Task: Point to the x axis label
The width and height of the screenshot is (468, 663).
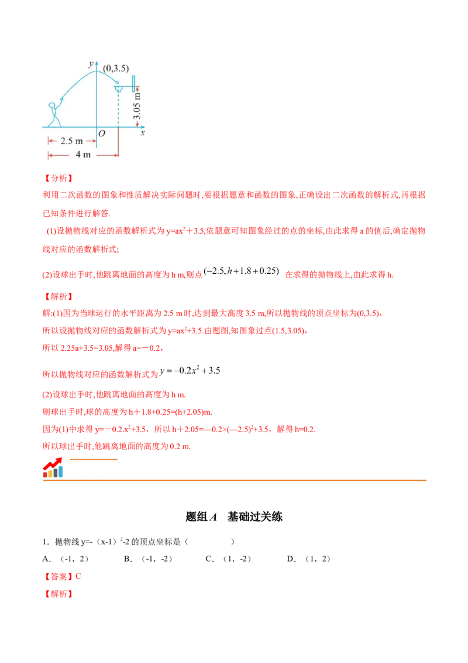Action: pos(142,134)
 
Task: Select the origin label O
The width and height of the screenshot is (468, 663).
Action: pos(102,134)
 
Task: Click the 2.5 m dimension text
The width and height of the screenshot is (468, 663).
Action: pos(71,141)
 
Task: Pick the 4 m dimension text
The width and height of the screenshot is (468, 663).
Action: pos(83,155)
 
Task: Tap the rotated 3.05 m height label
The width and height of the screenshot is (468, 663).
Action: pos(137,105)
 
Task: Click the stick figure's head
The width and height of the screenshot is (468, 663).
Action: pos(53,105)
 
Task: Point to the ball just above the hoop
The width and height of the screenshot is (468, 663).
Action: pos(116,83)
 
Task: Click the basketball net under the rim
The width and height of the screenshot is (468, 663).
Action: pos(118,89)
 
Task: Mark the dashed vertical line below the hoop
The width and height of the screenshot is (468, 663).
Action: pos(118,109)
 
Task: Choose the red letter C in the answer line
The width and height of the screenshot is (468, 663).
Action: pos(79,576)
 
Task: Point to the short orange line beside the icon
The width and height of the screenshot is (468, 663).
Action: pos(94,460)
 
